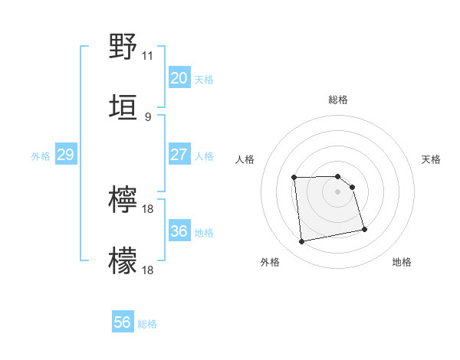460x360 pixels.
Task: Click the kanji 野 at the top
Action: pos(123,47)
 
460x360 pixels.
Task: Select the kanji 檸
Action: pos(123,199)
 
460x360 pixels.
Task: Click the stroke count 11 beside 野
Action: pos(147,56)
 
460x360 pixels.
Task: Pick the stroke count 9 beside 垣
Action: pos(147,116)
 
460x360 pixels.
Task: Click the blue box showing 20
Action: pos(179,78)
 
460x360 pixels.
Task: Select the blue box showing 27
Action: pos(179,155)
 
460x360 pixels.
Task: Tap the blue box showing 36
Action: pos(179,231)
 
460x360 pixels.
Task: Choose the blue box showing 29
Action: pos(65,155)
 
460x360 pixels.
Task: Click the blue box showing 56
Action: pos(123,322)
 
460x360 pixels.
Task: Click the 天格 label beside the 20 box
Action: pos(203,80)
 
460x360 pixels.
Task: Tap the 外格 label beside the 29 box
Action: pos(41,156)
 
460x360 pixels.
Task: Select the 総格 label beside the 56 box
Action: pos(147,324)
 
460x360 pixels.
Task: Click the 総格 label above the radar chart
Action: pos(338,100)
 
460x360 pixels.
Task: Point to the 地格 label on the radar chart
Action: pos(402,262)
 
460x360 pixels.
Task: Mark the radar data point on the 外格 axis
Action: pos(302,241)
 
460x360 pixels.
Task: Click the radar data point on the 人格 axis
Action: pos(294,178)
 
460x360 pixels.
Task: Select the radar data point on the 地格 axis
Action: pos(364,228)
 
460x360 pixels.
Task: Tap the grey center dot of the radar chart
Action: pos(338,191)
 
